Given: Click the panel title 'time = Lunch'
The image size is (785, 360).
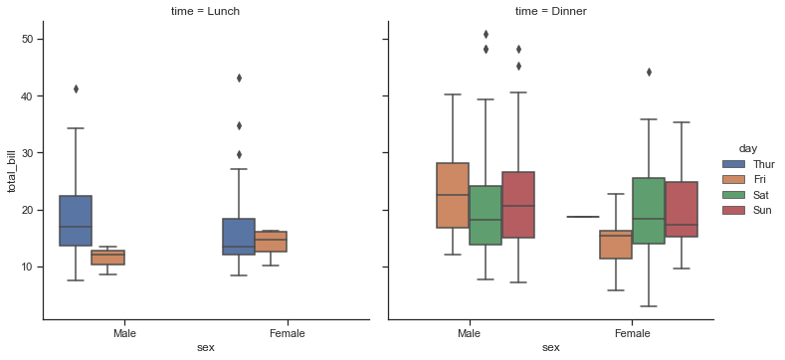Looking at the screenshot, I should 206,10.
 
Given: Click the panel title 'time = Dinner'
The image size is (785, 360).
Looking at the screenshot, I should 550,10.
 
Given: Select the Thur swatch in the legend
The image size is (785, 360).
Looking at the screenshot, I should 735,164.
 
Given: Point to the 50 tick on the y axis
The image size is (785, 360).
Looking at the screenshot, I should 29,39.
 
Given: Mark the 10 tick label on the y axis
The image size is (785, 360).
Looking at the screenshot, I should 29,268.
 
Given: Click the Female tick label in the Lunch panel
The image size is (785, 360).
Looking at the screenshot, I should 288,334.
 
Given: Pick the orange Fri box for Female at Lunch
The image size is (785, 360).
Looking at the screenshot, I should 271,242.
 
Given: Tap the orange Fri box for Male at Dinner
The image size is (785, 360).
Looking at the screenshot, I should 453,196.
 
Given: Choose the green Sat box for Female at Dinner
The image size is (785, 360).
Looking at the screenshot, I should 648,211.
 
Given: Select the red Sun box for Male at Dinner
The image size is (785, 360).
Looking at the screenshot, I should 517,205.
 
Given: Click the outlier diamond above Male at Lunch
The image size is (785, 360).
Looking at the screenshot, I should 76,89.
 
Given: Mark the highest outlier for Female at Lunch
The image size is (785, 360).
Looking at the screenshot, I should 239,78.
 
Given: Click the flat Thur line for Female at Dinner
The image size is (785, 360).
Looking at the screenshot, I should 583,217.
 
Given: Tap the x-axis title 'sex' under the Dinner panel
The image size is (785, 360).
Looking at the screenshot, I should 550,348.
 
